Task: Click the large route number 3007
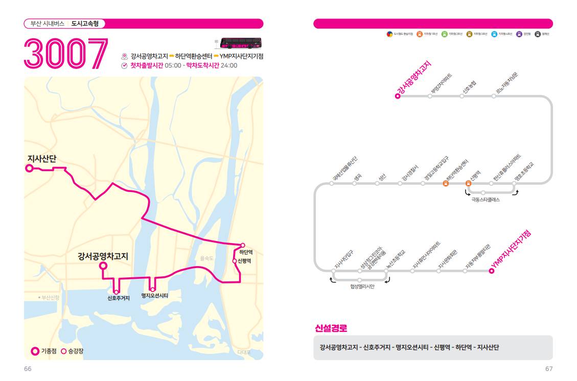(66, 54)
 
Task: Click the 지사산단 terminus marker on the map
(30, 168)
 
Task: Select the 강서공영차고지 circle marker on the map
(103, 266)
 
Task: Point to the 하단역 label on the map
(246, 252)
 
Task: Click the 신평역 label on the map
(244, 261)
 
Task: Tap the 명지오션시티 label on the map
(155, 296)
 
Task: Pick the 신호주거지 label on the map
(119, 298)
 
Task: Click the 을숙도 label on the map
(206, 258)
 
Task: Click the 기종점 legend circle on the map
(35, 351)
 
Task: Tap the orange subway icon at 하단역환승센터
(446, 183)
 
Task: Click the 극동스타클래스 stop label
(485, 200)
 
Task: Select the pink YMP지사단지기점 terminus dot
(492, 271)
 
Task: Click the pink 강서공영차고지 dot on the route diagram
(398, 96)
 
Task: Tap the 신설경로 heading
(331, 328)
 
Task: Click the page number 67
(549, 369)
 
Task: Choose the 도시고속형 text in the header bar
(85, 23)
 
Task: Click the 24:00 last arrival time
(229, 65)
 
